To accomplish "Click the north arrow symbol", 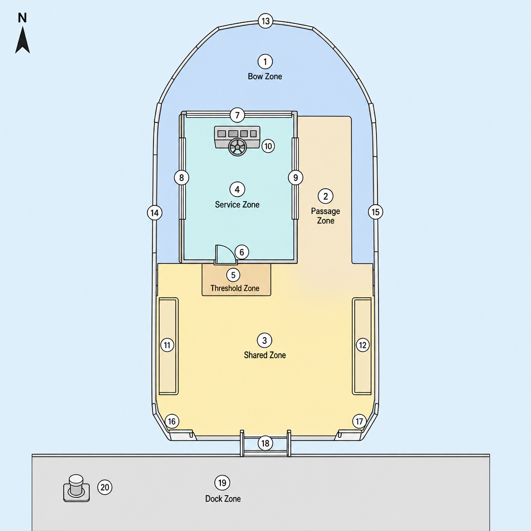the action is point(22,40).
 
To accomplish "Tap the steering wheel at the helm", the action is point(237,147).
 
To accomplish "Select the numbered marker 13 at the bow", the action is point(265,21).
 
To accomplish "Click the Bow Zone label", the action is point(265,76).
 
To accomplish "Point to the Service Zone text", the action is point(237,204).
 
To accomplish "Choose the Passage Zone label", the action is point(326,216).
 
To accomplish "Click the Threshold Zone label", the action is point(235,288).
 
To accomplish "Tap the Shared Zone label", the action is point(265,355).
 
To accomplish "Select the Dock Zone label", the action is point(223,498).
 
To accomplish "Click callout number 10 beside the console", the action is point(268,146).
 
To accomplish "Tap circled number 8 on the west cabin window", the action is point(181,177).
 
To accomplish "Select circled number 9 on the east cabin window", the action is point(296,177).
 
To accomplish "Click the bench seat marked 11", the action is point(169,346).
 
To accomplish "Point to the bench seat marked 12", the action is point(362,346).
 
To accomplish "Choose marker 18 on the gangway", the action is point(265,443).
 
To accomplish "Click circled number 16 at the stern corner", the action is point(172,421).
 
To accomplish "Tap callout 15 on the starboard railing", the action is point(375,212).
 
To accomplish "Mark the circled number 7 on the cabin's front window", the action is point(237,115).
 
